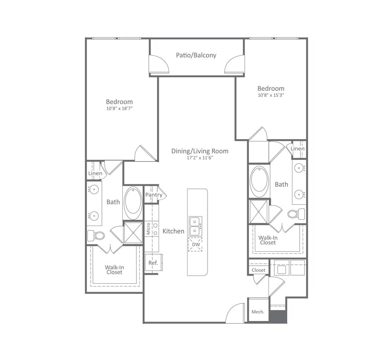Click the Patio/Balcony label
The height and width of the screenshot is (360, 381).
196,55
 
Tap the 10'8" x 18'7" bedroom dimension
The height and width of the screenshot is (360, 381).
119,109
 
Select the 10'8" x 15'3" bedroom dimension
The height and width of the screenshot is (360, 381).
271,95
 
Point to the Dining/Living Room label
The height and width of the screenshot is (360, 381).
199,151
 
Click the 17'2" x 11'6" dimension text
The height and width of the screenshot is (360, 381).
199,158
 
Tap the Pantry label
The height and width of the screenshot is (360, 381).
153,195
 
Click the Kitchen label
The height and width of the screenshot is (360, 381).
173,231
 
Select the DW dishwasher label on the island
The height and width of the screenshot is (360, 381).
195,244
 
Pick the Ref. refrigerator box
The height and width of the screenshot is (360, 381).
153,263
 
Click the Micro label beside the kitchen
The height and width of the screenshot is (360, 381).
148,228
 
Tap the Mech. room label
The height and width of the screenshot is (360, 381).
258,312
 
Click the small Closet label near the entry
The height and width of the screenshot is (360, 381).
258,270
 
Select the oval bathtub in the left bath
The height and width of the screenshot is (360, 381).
133,203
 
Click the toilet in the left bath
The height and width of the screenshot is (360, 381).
97,235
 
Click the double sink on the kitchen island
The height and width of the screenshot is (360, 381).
195,226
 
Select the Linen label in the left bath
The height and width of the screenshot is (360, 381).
95,174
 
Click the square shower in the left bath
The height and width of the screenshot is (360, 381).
133,232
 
